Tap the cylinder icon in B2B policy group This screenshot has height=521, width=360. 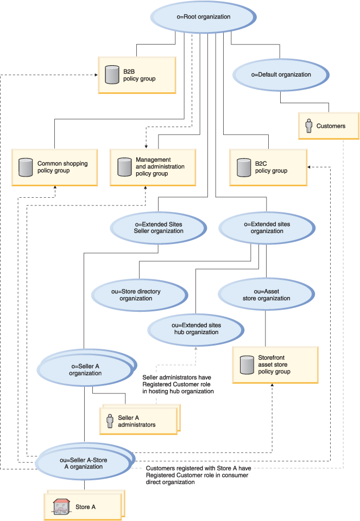112,75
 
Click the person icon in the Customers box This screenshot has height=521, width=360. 309,126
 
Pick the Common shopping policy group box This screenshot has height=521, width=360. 54,167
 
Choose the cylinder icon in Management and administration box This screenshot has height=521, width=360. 123,167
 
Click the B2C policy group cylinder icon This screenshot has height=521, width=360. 242,167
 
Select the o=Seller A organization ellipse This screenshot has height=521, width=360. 85,369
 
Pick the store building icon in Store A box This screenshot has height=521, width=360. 61,507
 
